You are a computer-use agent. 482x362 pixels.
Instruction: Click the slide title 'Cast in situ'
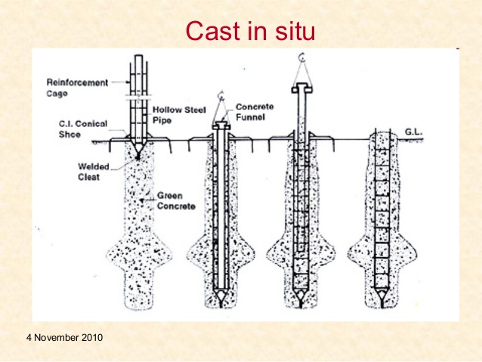click(249, 31)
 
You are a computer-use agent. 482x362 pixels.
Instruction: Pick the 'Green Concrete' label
click(175, 200)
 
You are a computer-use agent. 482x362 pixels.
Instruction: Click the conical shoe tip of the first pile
click(139, 152)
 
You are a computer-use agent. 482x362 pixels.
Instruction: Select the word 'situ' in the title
click(293, 31)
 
